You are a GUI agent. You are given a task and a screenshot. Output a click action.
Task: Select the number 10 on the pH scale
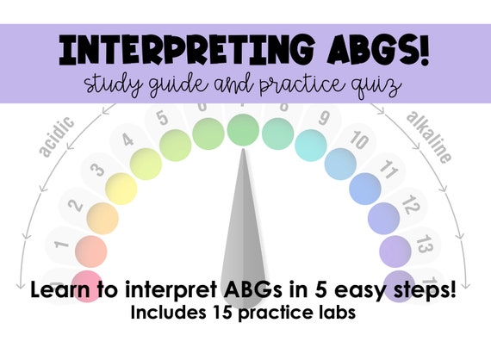click(360, 140)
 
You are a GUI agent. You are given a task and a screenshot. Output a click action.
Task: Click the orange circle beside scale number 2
click(103, 218)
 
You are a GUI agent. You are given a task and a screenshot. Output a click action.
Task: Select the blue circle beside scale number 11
click(364, 187)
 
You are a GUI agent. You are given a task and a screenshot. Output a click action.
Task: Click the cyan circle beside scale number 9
click(311, 146)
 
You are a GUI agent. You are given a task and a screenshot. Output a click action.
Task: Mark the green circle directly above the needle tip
click(242, 130)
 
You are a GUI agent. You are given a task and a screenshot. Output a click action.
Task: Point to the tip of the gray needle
click(242, 152)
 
